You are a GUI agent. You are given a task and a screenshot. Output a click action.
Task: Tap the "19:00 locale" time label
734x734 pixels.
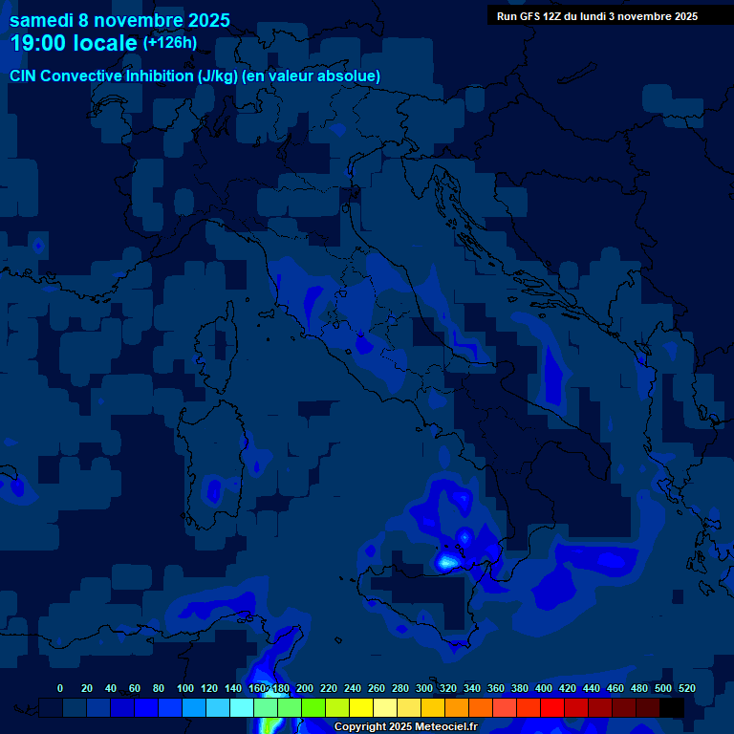(75, 43)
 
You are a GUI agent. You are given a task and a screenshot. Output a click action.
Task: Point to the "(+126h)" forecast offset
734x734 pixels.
(170, 43)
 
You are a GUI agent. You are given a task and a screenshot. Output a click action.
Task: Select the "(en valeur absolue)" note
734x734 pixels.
(312, 76)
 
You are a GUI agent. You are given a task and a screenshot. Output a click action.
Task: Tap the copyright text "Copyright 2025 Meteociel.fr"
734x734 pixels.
(405, 727)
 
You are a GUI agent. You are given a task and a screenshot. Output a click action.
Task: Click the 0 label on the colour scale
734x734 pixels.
(60, 688)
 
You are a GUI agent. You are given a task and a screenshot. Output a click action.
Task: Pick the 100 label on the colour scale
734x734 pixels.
(185, 688)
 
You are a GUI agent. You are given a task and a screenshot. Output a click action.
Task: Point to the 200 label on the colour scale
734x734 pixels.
(305, 688)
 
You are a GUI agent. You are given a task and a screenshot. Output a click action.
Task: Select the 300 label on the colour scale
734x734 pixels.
(424, 688)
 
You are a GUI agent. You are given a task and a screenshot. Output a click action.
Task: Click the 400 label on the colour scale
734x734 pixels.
(544, 688)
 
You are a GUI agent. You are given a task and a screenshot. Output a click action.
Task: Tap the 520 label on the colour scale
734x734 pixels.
(687, 688)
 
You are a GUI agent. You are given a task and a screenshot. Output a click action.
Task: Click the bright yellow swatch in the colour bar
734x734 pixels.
(361, 708)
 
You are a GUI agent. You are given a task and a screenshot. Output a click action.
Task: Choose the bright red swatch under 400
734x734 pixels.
(552, 708)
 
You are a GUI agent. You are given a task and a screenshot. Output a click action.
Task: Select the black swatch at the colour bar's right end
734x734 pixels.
(672, 708)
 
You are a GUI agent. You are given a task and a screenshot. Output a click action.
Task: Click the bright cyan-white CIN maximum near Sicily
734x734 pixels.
(445, 562)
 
